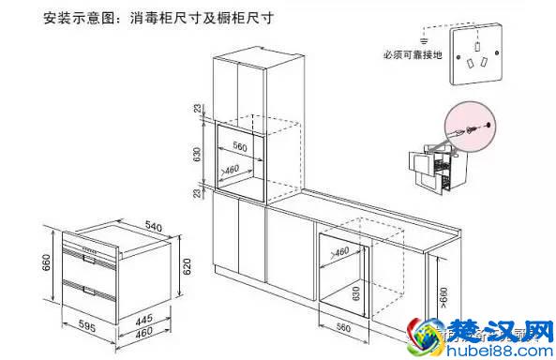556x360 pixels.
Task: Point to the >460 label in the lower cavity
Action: click(338, 251)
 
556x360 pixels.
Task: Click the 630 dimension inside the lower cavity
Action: click(355, 295)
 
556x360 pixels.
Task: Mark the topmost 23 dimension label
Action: click(198, 110)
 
